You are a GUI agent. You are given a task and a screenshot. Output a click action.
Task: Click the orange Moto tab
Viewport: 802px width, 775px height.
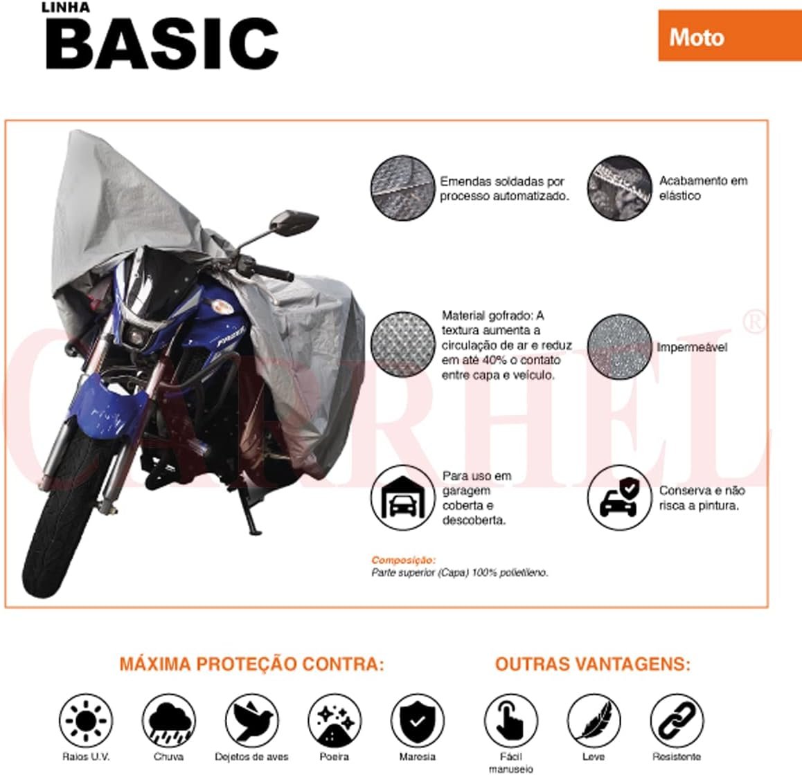click(730, 36)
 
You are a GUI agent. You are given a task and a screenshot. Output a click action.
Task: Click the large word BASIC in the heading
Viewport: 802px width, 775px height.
click(162, 43)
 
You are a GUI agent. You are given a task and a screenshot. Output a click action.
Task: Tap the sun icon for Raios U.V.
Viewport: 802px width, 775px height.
click(85, 720)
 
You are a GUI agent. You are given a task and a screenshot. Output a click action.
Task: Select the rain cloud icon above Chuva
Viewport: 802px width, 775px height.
click(168, 720)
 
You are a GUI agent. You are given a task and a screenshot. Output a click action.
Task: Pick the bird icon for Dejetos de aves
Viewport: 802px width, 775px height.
click(251, 720)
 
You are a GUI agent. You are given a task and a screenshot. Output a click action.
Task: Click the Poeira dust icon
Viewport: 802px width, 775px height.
click(335, 720)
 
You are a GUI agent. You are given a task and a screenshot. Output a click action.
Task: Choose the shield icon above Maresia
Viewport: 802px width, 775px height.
click(418, 720)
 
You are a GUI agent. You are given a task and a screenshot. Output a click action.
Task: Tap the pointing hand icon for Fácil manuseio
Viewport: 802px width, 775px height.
click(510, 720)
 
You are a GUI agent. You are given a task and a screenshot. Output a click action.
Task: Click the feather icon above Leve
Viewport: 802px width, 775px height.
click(594, 720)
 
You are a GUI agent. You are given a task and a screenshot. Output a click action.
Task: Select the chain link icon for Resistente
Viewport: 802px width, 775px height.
click(676, 720)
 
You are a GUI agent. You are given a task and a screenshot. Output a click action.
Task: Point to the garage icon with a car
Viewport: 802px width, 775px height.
click(402, 498)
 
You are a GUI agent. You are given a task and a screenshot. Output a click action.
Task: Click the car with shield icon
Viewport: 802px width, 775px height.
click(619, 498)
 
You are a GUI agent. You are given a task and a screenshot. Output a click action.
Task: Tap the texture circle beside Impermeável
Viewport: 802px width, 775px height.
click(619, 347)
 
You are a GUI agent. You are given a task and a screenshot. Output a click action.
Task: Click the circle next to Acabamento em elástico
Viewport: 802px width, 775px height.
click(619, 188)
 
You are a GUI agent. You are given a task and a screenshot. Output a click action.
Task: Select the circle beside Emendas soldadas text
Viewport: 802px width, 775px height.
click(402, 188)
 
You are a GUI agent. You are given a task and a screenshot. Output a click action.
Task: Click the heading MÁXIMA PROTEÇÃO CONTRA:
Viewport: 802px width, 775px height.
click(251, 664)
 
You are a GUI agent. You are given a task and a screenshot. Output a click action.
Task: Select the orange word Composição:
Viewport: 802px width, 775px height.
click(404, 560)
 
